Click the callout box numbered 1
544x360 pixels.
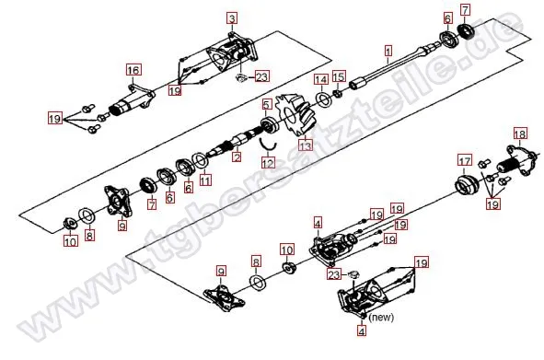pyautogui.click(x=388, y=51)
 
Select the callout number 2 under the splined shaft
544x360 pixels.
pyautogui.click(x=237, y=157)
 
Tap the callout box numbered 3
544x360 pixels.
pyautogui.click(x=232, y=18)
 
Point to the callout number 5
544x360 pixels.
pyautogui.click(x=266, y=104)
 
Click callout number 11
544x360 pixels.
pyautogui.click(x=205, y=180)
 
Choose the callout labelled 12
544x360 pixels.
pyautogui.click(x=268, y=162)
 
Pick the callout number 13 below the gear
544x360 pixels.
pyautogui.click(x=305, y=145)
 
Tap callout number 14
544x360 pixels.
pyautogui.click(x=321, y=79)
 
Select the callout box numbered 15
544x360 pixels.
pyautogui.click(x=339, y=76)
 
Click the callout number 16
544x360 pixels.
pyautogui.click(x=133, y=70)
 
